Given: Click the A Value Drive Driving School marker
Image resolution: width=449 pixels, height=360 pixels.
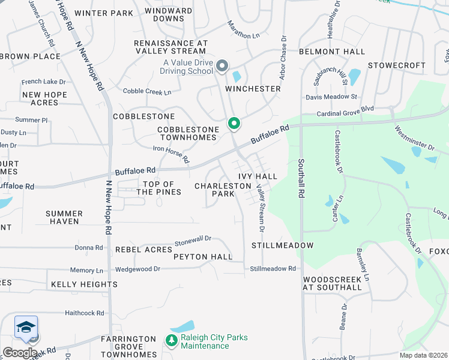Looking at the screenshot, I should coord(222,66).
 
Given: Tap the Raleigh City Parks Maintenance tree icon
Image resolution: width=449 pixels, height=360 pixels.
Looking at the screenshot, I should coord(172,340).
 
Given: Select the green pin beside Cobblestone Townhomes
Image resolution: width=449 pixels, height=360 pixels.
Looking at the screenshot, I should coord(234,124).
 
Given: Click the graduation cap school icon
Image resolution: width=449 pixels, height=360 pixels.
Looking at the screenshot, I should coord(26,328).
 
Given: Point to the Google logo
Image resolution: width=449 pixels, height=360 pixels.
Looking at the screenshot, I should coord(20,353).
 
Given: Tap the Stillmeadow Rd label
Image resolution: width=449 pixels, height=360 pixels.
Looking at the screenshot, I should coord(273,269).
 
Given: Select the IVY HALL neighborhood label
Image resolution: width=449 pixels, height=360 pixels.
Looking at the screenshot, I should coord(258,176).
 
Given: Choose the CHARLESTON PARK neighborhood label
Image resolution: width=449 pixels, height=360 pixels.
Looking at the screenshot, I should coord(214,190).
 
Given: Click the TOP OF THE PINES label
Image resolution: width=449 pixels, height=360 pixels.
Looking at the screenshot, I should coord(158,188).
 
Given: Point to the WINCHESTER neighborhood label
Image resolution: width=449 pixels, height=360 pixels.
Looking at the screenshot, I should coord(253,89).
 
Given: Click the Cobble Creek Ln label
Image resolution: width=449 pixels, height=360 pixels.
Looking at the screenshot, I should coord(147,92).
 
